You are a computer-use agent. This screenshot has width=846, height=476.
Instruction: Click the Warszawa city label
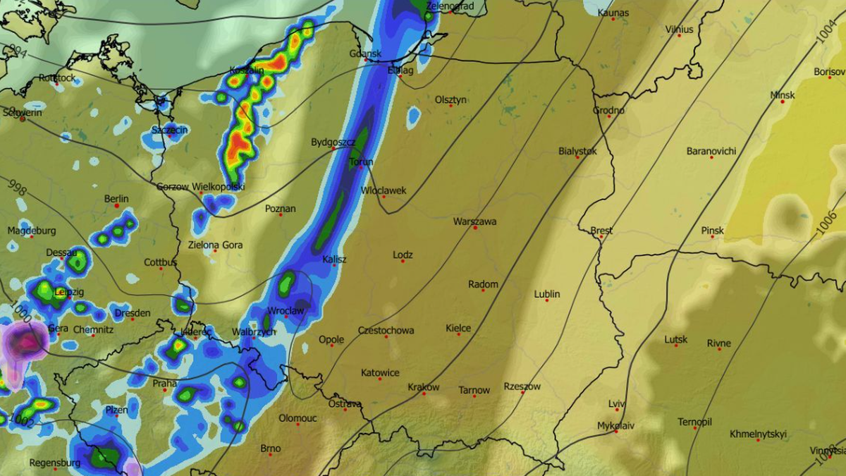474,221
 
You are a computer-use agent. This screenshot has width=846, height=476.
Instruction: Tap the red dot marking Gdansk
365,61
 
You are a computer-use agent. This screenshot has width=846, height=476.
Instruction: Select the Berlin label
116,199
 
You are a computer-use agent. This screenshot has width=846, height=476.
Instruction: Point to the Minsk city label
783,95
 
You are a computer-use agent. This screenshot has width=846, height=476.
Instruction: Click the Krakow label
423,387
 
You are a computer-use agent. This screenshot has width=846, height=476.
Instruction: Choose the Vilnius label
680,30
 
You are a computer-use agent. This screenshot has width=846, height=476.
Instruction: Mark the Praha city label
164,384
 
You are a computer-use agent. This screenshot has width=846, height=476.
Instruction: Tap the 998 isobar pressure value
18,189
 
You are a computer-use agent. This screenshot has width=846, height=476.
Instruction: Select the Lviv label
617,403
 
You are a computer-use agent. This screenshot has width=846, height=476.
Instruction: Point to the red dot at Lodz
403,262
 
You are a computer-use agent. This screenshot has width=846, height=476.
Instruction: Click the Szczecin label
170,130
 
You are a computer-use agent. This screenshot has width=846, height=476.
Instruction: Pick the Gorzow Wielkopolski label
201,187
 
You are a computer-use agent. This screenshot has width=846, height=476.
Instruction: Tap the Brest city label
601,231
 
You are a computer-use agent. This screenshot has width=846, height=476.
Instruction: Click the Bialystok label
577,151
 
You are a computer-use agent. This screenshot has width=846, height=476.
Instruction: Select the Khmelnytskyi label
758,434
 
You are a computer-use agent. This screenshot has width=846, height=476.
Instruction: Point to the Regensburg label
54,463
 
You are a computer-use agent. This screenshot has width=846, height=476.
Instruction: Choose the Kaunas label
612,13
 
